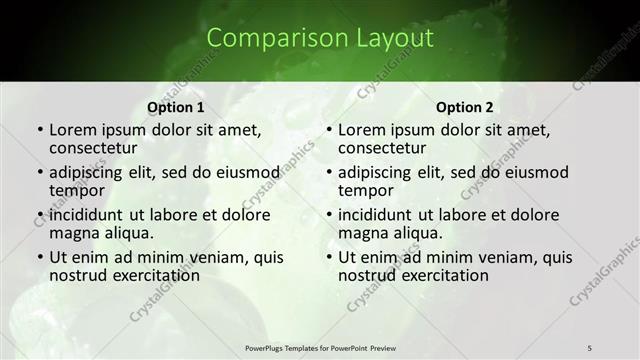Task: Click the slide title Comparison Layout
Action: tap(320, 39)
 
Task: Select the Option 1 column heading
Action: tap(176, 107)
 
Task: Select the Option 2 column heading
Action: tap(465, 107)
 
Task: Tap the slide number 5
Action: tap(590, 347)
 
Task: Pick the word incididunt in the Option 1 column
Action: tap(86, 215)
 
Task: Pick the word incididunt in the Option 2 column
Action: tap(375, 215)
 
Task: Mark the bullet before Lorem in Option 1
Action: tap(39, 131)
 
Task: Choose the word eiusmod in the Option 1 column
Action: tap(249, 172)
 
